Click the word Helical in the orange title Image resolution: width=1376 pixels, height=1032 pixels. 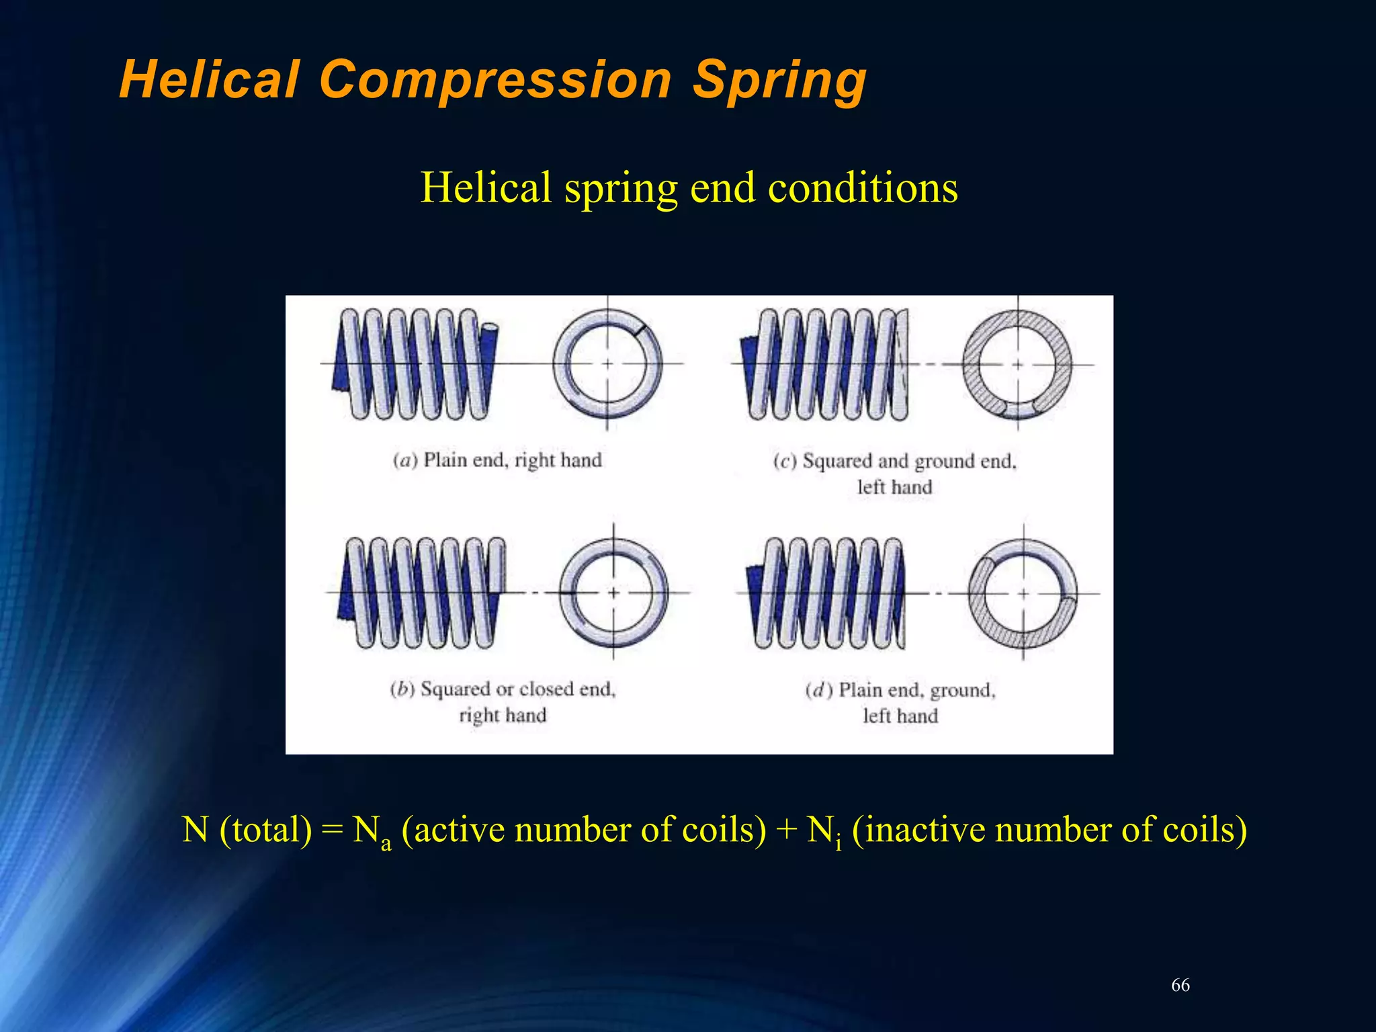point(209,80)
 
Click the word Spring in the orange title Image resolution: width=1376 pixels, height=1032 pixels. point(779,80)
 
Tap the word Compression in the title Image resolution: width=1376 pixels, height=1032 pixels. point(495,80)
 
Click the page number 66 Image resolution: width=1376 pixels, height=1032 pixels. point(1180,985)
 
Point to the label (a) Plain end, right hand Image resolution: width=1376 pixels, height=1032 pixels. point(497,460)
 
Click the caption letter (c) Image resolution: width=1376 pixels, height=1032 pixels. point(784,461)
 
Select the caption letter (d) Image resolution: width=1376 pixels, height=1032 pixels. point(819,690)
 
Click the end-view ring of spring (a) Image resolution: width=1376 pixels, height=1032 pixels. point(608,364)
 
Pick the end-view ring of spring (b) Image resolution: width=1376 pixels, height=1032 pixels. point(613,593)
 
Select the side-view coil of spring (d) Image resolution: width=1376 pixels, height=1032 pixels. point(826,593)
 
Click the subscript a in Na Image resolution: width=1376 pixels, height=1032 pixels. point(386,843)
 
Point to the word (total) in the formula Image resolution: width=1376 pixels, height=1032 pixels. point(266,829)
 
